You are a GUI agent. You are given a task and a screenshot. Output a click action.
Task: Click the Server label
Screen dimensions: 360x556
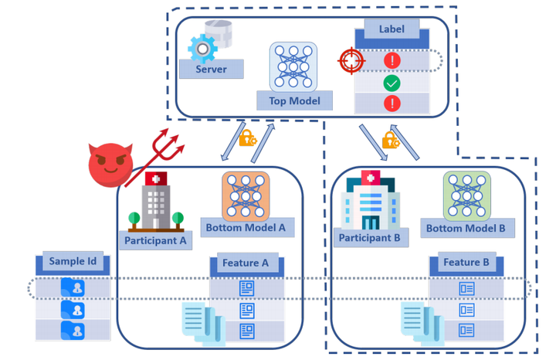[211, 70]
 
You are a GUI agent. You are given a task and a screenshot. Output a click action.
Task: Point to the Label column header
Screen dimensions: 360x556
[391, 30]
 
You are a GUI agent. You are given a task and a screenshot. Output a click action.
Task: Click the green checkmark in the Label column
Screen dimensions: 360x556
[392, 82]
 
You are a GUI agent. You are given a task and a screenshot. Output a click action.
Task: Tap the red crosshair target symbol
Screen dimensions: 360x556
[350, 59]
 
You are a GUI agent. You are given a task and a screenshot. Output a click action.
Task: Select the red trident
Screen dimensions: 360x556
[165, 144]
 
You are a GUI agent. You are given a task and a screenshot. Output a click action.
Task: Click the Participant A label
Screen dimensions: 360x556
[155, 239]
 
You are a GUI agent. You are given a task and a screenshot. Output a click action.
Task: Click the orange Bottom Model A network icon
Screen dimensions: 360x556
[246, 195]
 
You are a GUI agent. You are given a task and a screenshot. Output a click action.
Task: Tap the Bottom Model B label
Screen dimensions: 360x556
[466, 228]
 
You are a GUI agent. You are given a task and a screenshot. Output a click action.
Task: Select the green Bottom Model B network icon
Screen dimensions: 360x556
[466, 195]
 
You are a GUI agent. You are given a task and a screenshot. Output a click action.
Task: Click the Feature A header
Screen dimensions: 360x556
[246, 263]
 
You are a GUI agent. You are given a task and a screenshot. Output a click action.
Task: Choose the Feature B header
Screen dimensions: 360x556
[466, 263]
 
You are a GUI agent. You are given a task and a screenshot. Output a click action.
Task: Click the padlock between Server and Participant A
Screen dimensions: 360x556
[247, 138]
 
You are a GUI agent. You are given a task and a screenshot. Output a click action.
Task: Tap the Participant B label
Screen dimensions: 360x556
[369, 238]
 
